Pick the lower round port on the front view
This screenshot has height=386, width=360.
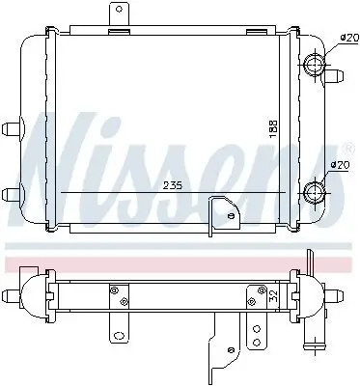(x=315, y=192)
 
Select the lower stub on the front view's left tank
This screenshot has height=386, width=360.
(x=13, y=189)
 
